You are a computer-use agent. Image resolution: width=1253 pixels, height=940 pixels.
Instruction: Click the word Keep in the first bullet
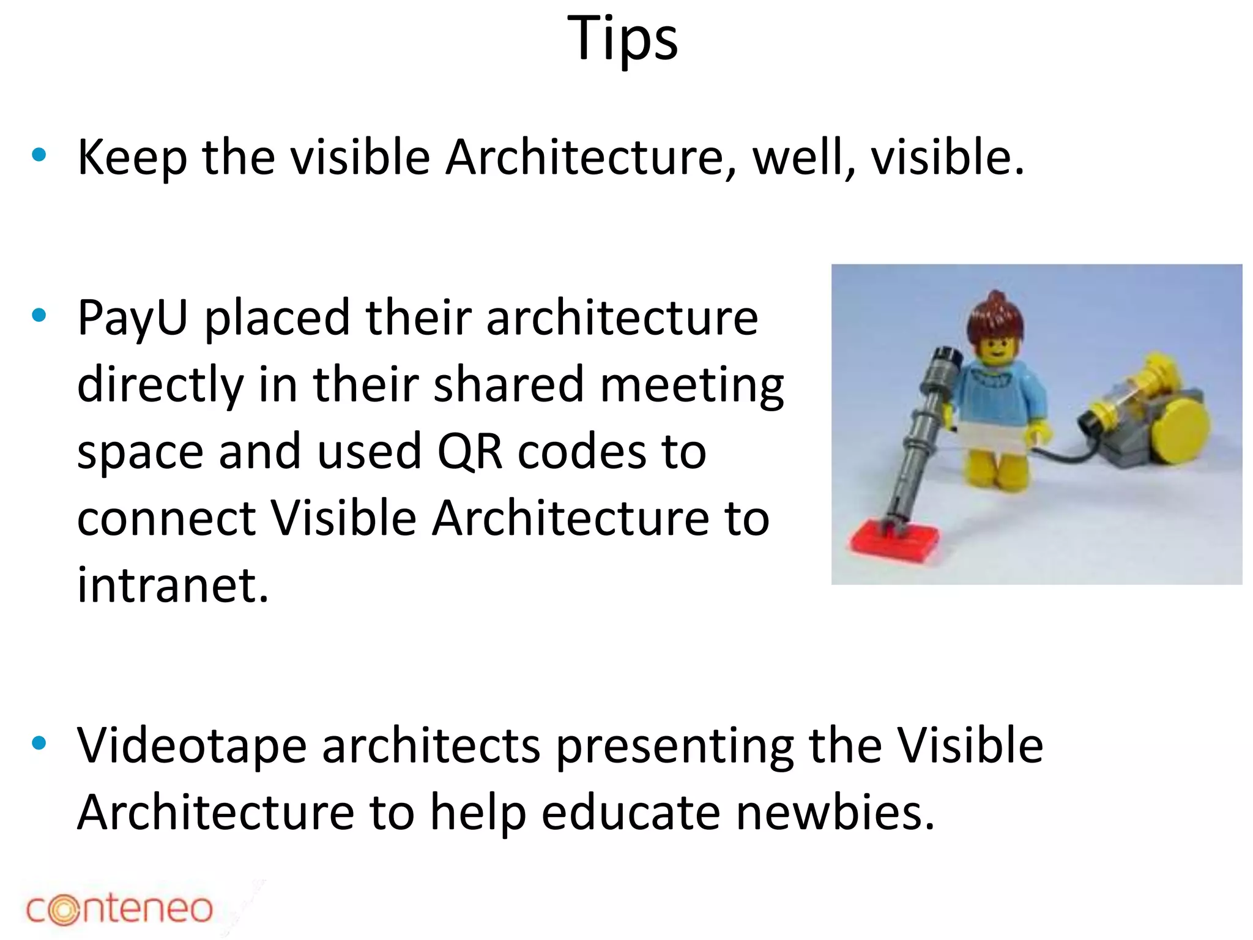pos(132,158)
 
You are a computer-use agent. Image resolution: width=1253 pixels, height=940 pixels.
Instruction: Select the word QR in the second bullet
pos(469,452)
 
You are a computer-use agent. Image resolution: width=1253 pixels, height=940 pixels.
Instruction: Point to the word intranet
pos(173,585)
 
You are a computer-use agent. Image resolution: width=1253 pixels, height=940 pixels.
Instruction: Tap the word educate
pos(630,813)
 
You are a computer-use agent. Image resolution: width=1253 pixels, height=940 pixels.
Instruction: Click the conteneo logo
pos(119,909)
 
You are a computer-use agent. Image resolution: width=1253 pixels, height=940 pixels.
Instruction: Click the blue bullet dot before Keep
pos(39,155)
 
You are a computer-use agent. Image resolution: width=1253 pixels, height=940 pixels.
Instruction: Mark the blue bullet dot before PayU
pos(39,316)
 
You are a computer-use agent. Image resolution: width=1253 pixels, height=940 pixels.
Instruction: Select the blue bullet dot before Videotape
pos(39,744)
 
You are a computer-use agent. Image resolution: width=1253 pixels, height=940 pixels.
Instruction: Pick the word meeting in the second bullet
pos(691,386)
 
